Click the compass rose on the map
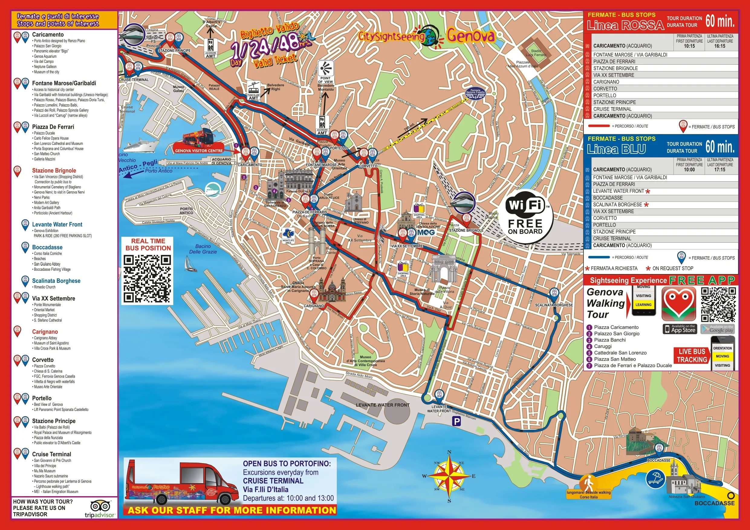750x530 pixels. pos(449,476)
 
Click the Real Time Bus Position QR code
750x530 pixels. pos(147,279)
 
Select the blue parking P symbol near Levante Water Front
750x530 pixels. pos(456,422)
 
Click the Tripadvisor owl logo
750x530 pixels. pos(101,506)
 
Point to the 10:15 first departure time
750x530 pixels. pos(689,46)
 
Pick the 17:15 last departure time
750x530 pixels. pos(720,170)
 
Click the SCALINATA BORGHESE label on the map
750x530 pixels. pos(554,305)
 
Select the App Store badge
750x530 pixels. pos(680,329)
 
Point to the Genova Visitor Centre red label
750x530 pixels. pos(199,150)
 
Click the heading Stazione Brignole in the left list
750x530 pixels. pos(54,170)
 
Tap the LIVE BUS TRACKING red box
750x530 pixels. pos(692,356)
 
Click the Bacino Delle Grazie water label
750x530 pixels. pos(203,249)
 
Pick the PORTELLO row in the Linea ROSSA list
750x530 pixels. pos(605,95)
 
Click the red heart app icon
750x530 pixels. pos(678,304)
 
